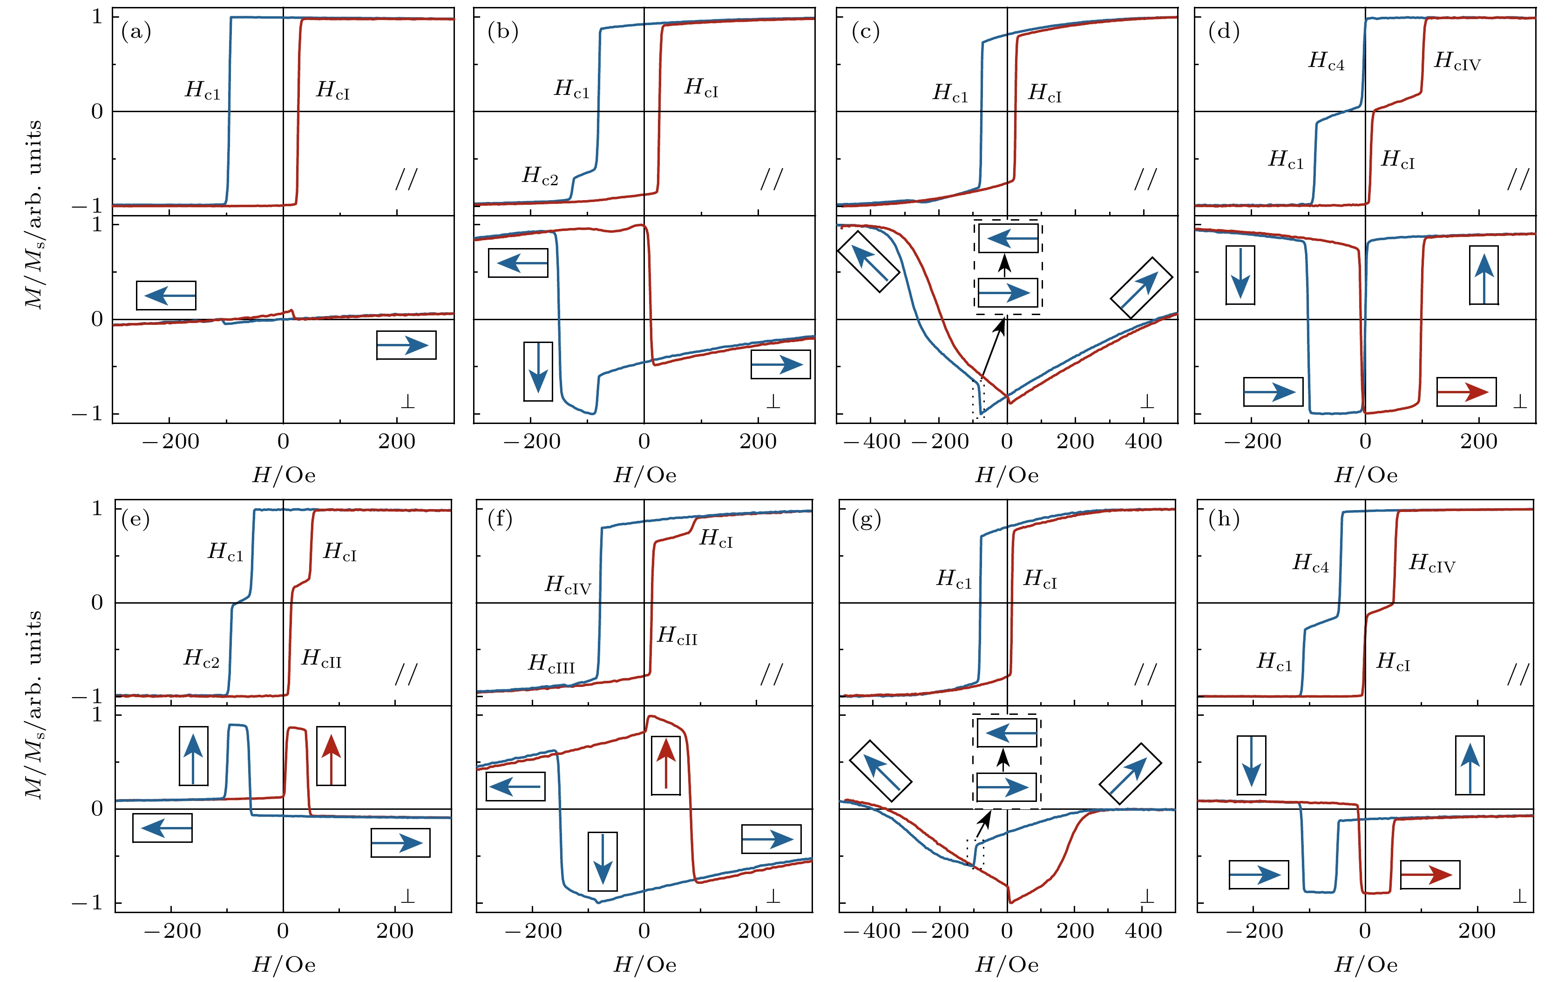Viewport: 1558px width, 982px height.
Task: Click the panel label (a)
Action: (136, 31)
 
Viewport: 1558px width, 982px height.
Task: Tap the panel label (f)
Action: (500, 519)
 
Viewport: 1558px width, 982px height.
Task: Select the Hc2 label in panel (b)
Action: (540, 175)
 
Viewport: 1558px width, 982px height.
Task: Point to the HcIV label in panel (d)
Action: (1457, 61)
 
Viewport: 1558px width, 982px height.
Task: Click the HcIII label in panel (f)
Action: (551, 664)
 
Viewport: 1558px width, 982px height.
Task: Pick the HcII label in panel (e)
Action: (322, 659)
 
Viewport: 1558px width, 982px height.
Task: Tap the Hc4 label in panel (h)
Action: (1311, 563)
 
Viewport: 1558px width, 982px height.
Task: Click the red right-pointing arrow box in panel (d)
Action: (1466, 391)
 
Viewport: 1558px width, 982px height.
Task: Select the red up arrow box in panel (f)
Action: (666, 765)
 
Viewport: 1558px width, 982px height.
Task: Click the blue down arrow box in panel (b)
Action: (538, 371)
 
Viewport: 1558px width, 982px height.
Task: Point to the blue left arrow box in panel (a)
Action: (166, 296)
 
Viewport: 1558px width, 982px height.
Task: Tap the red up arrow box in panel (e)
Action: (331, 756)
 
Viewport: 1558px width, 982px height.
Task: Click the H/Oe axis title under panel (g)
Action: (1007, 965)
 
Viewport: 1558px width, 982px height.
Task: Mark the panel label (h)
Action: (1224, 519)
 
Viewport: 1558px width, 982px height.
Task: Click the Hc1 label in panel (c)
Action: (950, 93)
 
